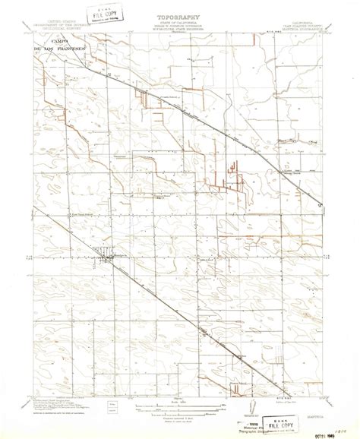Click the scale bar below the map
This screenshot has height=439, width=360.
click(181, 403)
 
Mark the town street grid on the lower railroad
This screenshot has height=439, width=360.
click(106, 259)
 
